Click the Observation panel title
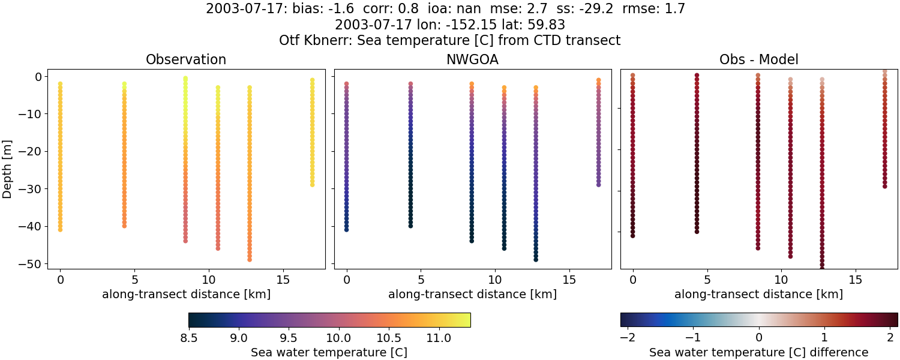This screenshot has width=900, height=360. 186,60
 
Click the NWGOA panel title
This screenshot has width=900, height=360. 472,60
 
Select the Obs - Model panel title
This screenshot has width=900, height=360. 758,60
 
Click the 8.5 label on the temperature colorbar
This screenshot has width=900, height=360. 189,338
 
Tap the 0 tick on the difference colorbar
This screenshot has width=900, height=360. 759,338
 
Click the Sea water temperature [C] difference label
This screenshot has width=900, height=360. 758,353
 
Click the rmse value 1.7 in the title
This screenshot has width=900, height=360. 675,9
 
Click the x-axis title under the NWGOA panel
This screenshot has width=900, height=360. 472,295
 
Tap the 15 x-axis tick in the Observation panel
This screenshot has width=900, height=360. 283,280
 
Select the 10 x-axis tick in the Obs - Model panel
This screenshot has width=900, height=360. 781,280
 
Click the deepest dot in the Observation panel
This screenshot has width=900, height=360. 250,259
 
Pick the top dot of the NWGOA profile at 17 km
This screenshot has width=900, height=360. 599,80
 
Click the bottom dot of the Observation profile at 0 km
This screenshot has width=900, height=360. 60,229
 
